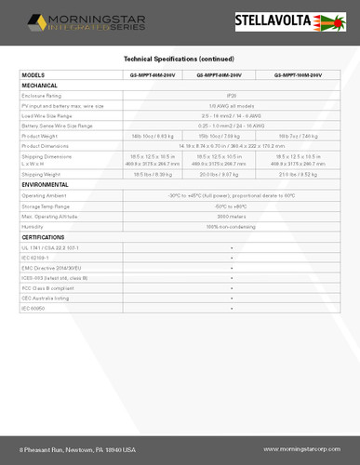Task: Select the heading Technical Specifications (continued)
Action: coord(180,58)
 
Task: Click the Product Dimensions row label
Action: coord(48,145)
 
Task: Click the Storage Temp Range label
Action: coord(48,206)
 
